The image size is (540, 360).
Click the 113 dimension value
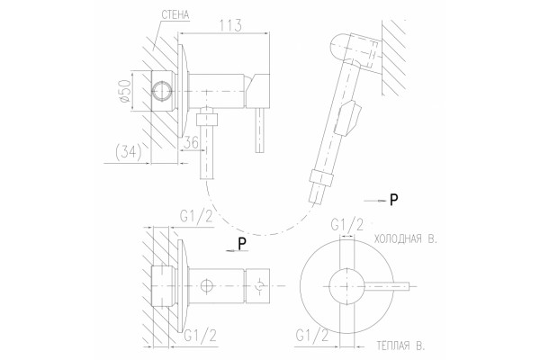pos(230,25)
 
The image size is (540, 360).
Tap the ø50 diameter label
pos(125,91)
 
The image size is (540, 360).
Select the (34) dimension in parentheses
pos(129,152)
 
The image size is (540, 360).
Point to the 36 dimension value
pos(191,142)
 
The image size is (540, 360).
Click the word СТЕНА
pos(175,14)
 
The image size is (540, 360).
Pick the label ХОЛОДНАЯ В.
pos(405,238)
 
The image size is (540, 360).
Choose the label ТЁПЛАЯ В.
pos(400,346)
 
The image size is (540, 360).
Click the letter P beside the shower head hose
pos(393,200)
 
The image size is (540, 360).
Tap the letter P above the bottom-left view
pos(242,244)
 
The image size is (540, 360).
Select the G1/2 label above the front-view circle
pos(346,225)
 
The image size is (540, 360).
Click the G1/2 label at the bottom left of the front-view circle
pos(311,335)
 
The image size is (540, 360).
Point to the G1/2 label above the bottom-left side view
pos(196,217)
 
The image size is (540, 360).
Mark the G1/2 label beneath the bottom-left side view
pos(201,335)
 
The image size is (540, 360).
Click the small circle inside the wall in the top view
pos(161,92)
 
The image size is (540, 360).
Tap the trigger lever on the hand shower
pos(349,118)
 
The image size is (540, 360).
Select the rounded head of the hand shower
pos(340,46)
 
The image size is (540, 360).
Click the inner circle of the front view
pos(346,285)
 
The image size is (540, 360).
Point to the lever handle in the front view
pos(387,286)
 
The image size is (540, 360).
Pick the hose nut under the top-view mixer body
pos(207,119)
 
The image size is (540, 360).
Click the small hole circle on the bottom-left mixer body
pos(207,285)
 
